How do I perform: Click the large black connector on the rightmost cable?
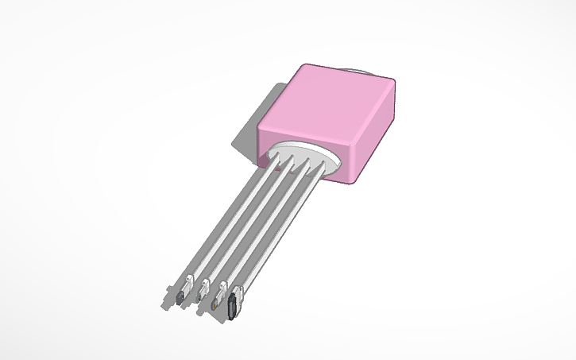pos(233,305)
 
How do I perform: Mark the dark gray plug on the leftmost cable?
pos(181,297)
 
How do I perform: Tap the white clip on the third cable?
pos(222,288)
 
